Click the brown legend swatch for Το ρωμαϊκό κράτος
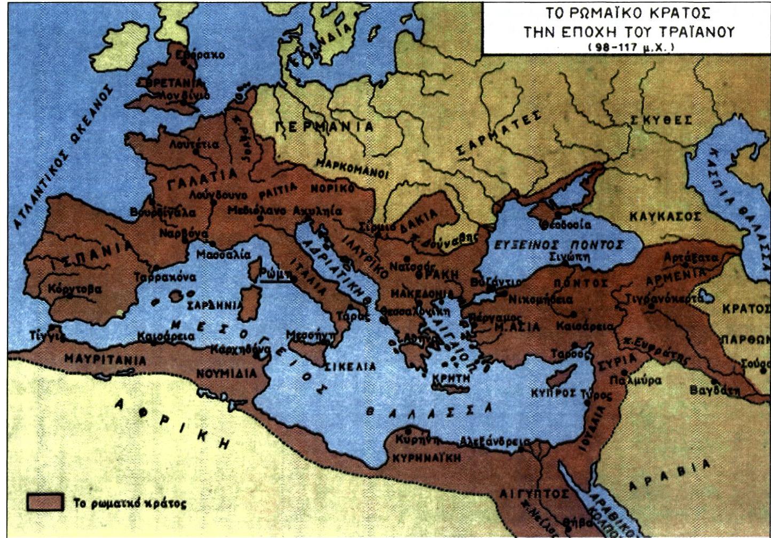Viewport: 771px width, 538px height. click(x=45, y=502)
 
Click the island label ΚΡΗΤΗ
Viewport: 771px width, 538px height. click(x=452, y=378)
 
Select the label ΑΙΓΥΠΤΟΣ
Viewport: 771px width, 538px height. click(x=534, y=494)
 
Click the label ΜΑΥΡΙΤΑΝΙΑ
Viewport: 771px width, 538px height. click(x=105, y=359)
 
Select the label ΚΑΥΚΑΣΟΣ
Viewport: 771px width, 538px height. click(x=664, y=216)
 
